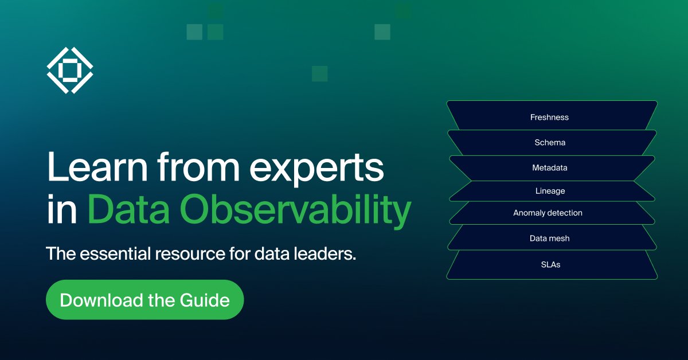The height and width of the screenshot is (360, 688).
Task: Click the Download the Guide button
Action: [x=144, y=300]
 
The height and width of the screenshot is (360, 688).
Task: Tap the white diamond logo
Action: [x=69, y=70]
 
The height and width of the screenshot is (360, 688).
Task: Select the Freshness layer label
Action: [x=549, y=118]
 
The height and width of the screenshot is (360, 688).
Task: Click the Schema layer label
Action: [x=550, y=143]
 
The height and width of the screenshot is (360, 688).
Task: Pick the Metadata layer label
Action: [x=549, y=168]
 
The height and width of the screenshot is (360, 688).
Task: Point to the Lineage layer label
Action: [x=550, y=191]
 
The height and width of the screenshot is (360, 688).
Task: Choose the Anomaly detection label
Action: [x=548, y=213]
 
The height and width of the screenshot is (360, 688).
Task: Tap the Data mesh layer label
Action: [x=549, y=238]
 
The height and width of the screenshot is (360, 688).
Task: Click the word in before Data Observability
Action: [x=61, y=210]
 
